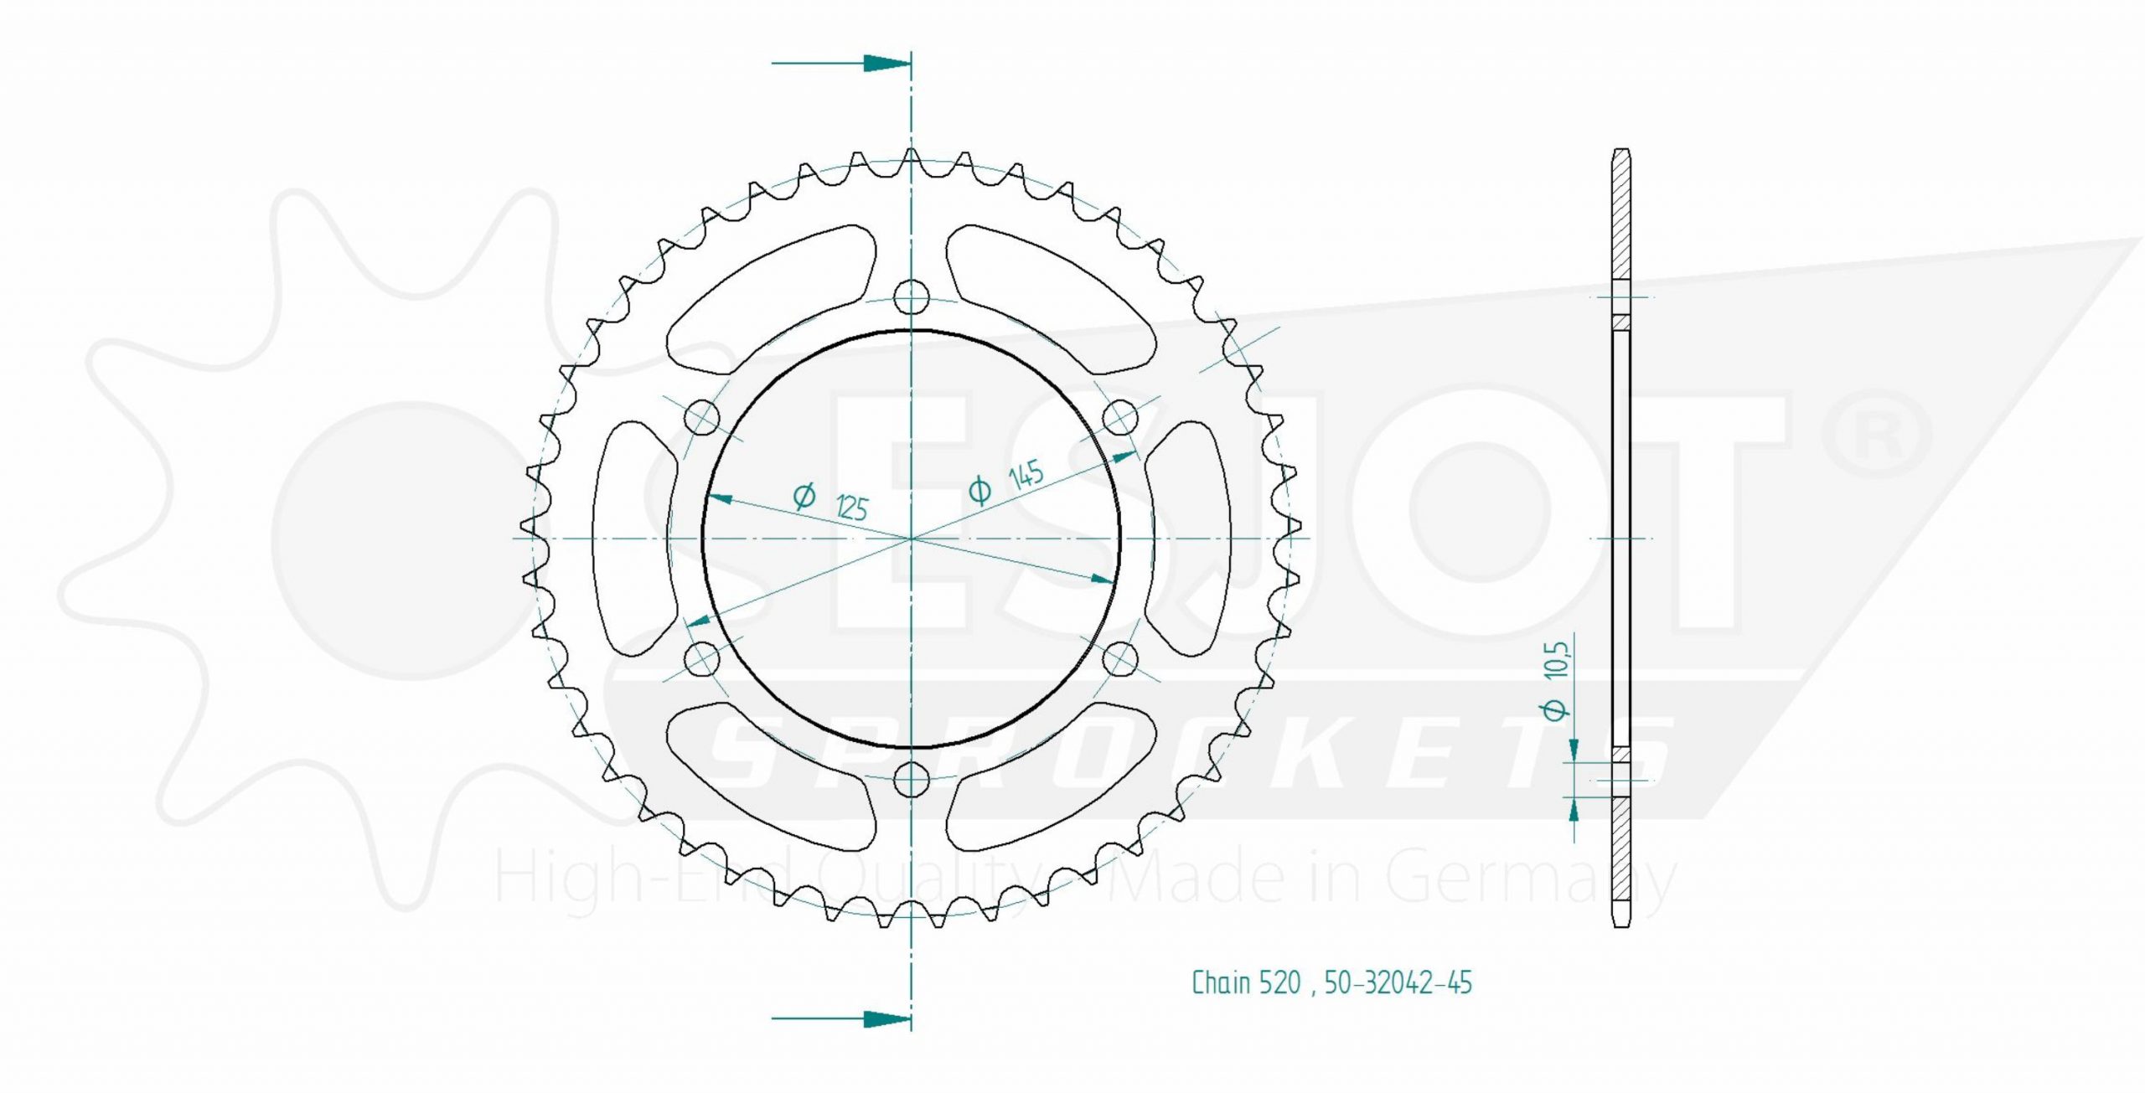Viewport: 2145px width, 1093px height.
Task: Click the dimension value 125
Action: (851, 508)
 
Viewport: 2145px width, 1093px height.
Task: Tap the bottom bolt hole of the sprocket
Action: (912, 781)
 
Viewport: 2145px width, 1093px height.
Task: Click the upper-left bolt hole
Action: (702, 416)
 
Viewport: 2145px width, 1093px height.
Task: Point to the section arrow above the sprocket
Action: (841, 63)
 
